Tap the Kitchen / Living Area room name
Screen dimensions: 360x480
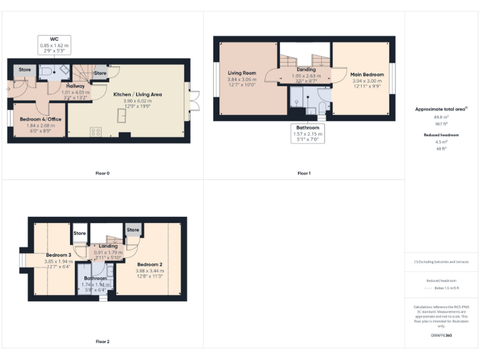(137, 94)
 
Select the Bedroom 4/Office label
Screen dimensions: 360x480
(38, 119)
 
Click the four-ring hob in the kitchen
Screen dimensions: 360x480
(96, 131)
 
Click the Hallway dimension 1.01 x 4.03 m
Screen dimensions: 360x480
(75, 92)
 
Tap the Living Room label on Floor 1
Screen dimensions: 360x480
(241, 73)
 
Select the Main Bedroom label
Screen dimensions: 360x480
(368, 74)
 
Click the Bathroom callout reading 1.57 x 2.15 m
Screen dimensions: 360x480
(308, 134)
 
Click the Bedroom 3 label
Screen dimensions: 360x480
(58, 255)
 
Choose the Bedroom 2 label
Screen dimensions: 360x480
(149, 264)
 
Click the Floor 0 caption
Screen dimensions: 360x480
(102, 173)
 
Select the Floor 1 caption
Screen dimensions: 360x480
(304, 173)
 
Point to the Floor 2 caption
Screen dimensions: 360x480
(102, 342)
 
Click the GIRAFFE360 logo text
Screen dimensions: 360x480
(441, 336)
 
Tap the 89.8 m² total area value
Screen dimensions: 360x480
(441, 116)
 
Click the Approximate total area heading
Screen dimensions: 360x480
(441, 109)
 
